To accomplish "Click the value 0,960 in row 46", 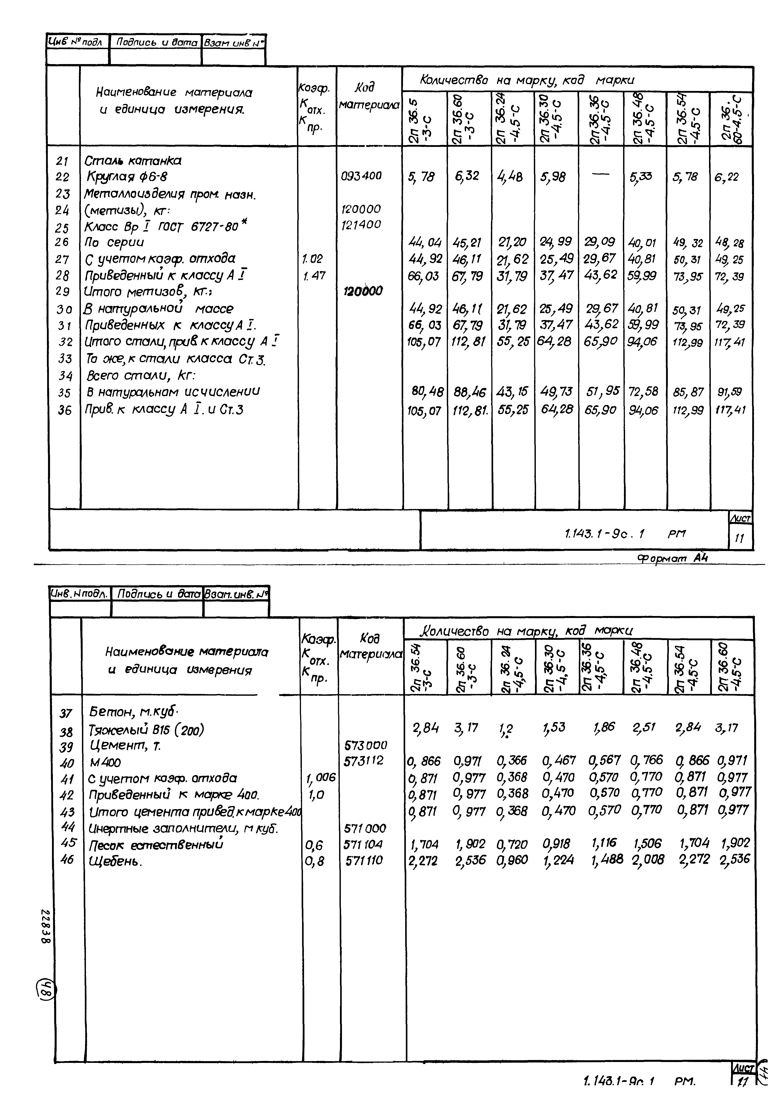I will pos(512,860).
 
